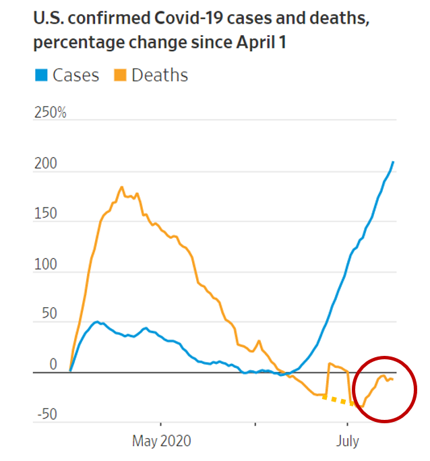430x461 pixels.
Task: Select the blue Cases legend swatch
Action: point(41,75)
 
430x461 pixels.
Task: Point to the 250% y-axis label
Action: point(51,113)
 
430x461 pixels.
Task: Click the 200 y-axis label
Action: point(44,164)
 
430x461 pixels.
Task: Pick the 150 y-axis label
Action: point(44,214)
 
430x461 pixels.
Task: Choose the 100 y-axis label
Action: point(44,264)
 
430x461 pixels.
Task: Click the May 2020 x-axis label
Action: point(162,441)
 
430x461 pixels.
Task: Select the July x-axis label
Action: point(348,441)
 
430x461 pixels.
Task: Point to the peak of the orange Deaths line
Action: point(121,187)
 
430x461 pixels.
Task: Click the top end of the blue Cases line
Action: point(393,162)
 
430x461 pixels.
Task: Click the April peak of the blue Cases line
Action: point(97,321)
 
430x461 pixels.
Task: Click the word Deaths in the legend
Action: point(160,75)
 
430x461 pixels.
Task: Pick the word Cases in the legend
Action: point(75,75)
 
